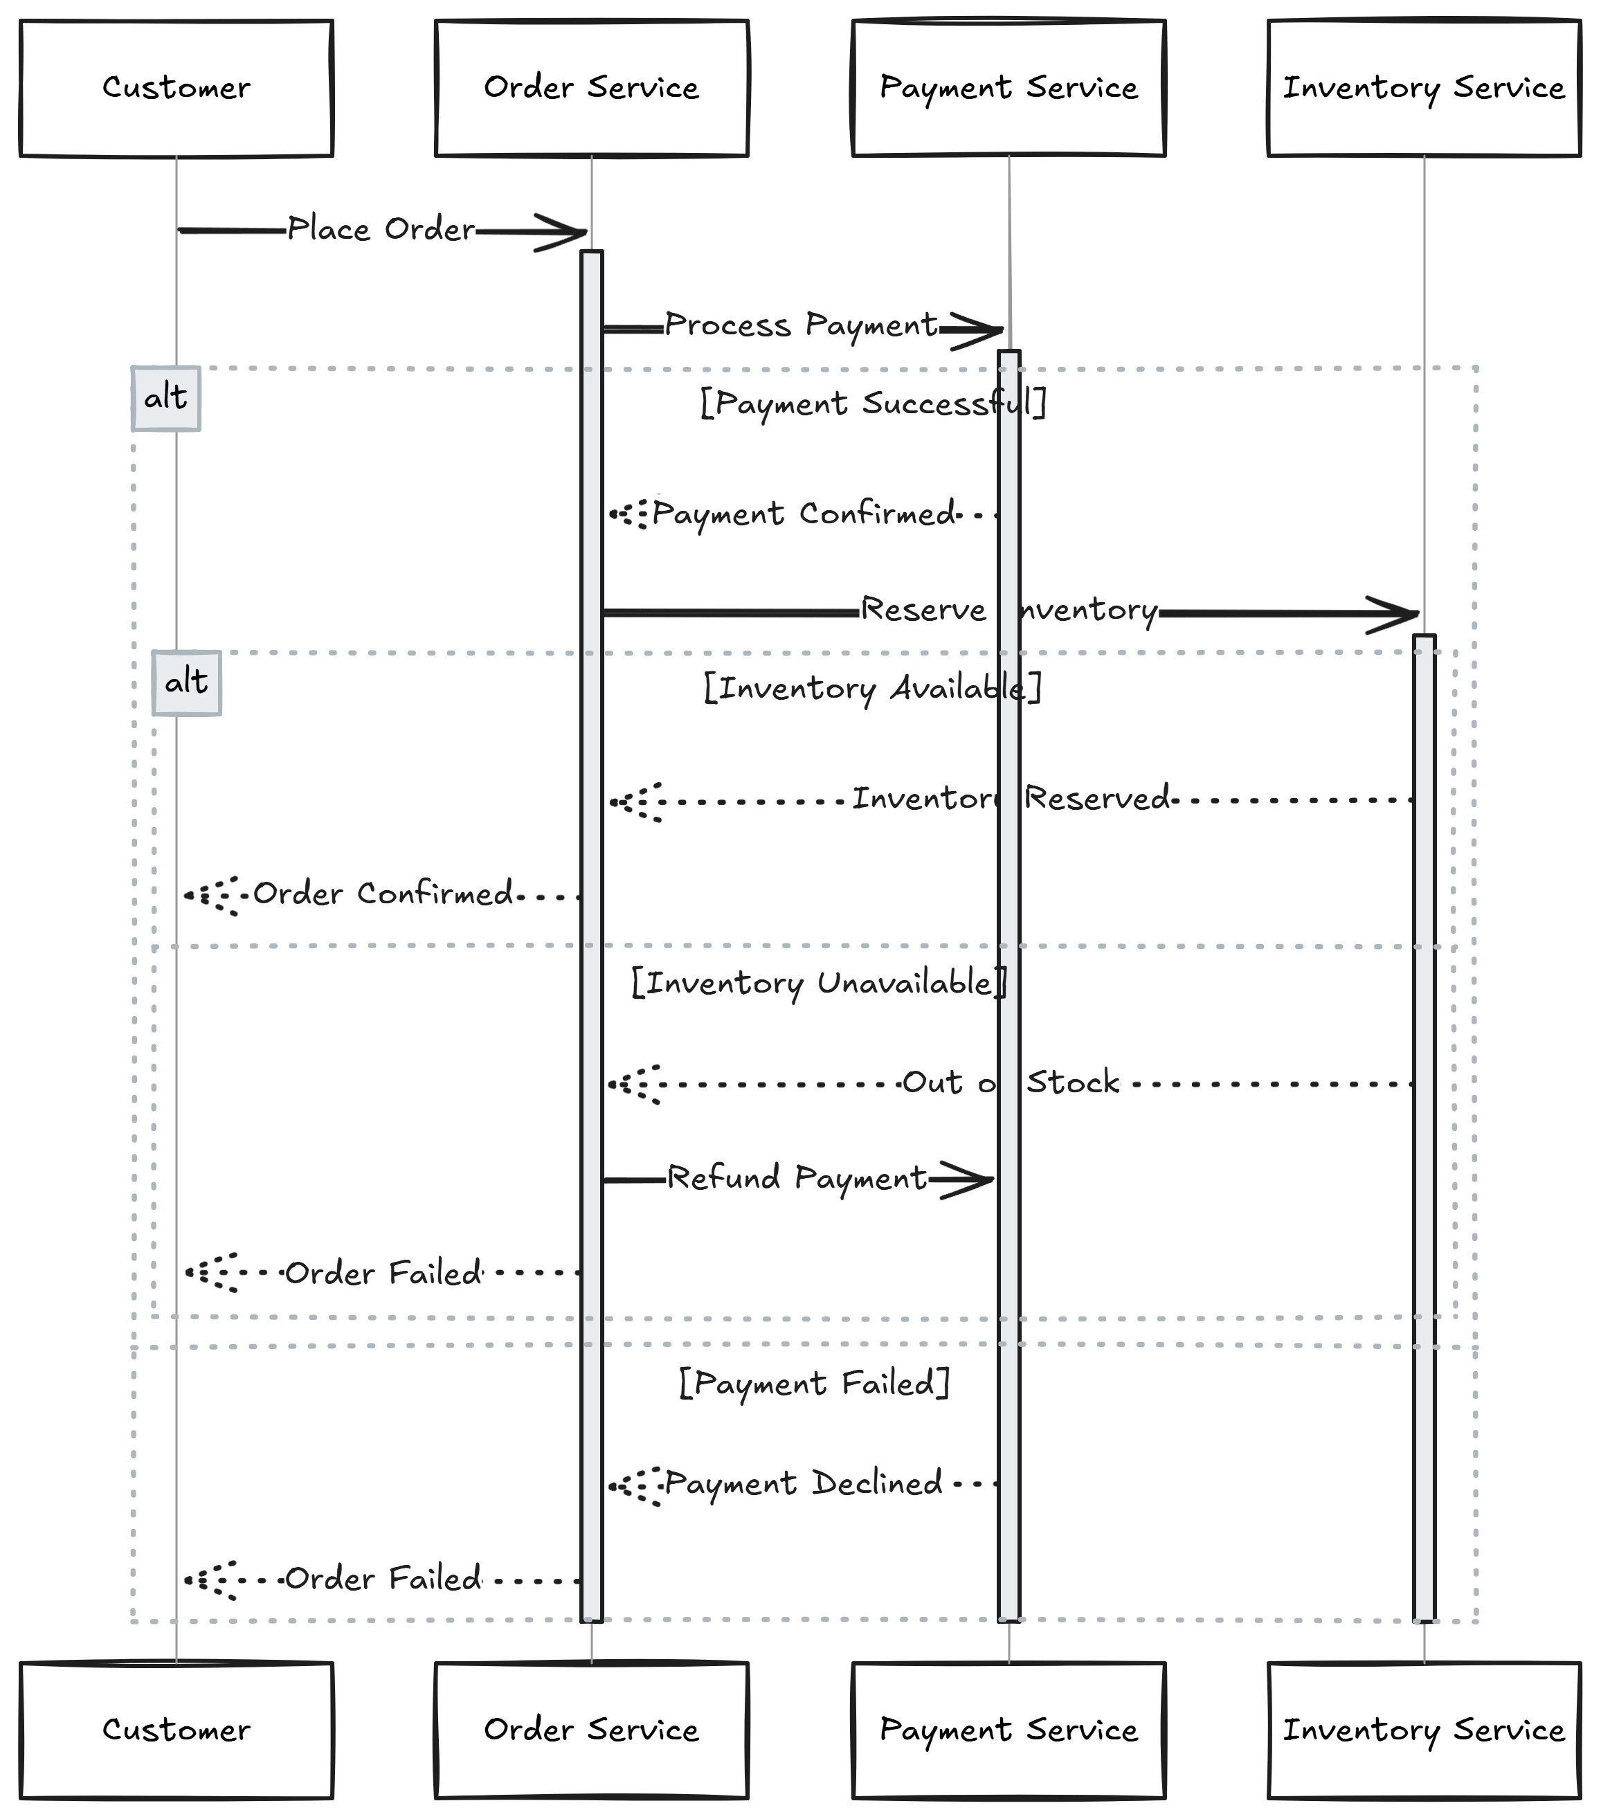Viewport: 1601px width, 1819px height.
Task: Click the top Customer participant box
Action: pos(177,88)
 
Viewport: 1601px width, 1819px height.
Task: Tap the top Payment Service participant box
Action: pos(1008,88)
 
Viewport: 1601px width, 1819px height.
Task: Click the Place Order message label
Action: pos(381,230)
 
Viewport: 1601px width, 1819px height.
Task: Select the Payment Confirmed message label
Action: pos(804,514)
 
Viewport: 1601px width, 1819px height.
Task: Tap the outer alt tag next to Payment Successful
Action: pos(165,398)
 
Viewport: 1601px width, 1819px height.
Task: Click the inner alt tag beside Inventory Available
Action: pos(186,682)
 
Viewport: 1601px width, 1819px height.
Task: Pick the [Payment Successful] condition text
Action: pos(872,403)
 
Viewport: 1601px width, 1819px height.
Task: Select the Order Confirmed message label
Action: pos(383,894)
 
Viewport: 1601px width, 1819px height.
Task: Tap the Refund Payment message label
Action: pos(797,1178)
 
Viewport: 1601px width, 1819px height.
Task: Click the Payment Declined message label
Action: pos(803,1483)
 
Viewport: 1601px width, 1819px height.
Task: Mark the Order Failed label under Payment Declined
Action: pos(383,1579)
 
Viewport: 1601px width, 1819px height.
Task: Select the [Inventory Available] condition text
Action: pos(872,688)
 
